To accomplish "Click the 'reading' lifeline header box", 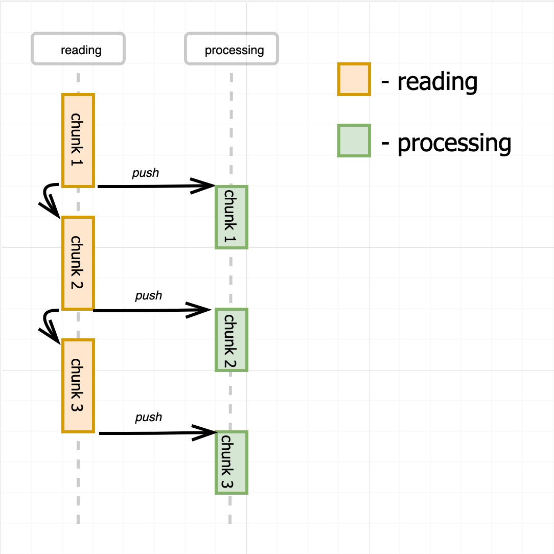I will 78,49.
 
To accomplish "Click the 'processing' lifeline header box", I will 232,49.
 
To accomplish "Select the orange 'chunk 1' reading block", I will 78,140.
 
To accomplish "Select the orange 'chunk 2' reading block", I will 78,263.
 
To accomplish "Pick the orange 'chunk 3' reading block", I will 78,385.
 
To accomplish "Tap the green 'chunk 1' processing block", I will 232,217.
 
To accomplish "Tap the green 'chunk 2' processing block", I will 232,340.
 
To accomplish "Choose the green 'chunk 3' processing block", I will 232,463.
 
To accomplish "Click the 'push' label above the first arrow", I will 146,173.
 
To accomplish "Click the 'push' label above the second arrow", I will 148,296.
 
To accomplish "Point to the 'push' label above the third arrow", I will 148,418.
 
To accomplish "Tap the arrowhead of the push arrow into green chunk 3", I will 207,432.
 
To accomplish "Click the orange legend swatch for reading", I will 354,79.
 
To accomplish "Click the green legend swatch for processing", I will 354,140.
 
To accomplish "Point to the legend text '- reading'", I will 429,82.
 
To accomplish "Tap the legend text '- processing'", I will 446,143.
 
